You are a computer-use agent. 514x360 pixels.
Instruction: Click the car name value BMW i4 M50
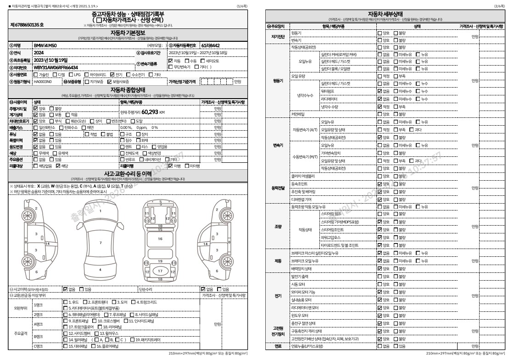(x=46, y=46)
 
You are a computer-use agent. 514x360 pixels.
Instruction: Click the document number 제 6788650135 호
(x=27, y=25)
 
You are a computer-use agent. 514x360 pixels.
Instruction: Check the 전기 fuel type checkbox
(x=112, y=74)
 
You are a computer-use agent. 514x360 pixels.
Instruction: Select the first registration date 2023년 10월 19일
(x=50, y=60)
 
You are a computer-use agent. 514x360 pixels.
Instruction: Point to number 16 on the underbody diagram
(x=160, y=239)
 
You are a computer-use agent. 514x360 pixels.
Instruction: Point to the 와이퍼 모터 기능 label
(x=303, y=292)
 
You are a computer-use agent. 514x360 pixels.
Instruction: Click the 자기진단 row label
(x=278, y=37)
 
